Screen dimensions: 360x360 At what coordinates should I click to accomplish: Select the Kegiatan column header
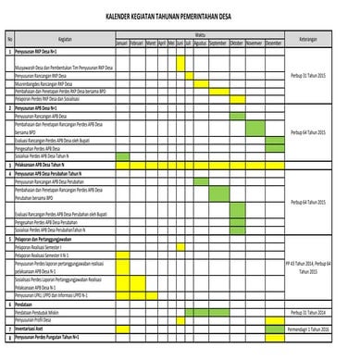coord(64,39)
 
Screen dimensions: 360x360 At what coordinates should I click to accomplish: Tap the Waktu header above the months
coord(199,34)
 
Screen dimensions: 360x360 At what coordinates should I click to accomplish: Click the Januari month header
coord(121,43)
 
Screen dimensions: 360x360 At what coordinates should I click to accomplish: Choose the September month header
coord(218,43)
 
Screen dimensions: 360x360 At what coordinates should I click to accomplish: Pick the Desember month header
coord(274,43)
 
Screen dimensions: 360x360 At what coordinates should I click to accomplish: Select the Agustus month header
coord(199,43)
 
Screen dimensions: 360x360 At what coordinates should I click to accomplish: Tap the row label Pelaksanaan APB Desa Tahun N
coord(44,165)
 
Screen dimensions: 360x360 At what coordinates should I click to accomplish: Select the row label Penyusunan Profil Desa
coord(39,319)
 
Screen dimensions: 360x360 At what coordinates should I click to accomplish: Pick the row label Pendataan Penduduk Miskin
coord(43,312)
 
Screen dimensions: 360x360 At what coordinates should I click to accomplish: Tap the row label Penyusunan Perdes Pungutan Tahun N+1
coord(52,337)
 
